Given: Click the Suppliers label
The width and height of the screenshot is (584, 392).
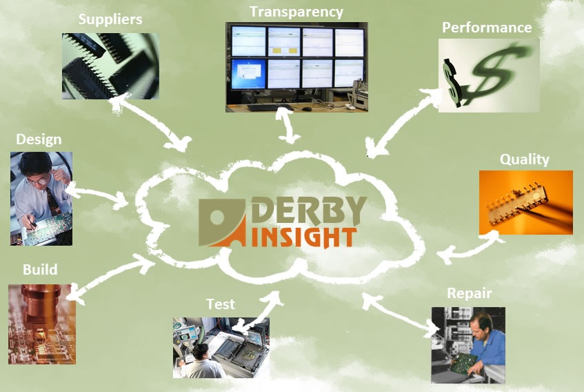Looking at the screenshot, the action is pos(110,20).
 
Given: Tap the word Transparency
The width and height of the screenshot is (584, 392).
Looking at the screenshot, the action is pos(296,12).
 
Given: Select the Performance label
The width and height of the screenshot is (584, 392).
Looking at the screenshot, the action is pos(487,28).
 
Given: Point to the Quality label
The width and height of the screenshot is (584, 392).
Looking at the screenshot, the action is pos(525,159).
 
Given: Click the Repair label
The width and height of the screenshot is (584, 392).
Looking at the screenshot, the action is pos(470,293).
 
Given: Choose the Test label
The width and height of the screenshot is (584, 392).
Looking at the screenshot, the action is pos(221,304).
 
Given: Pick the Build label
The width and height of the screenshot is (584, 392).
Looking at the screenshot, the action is pos(40,269).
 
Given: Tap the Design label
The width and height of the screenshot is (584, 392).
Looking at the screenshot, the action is pos(39,139).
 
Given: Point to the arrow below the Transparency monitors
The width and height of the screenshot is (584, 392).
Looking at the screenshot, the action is pos(287,125).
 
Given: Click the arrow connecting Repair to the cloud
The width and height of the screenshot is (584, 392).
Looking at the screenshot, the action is pos(401,315).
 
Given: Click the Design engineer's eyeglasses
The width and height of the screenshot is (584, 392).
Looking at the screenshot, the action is pos(39,182).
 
